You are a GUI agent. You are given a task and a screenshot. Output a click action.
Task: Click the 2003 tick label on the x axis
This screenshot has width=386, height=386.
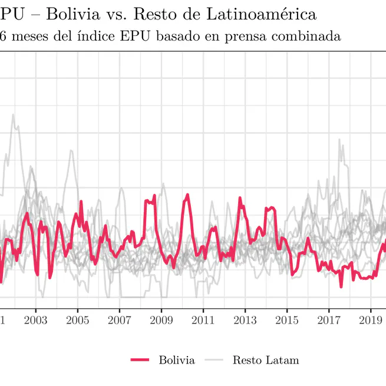[x=35, y=320]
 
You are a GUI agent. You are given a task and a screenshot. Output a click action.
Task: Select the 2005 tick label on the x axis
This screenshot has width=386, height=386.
[x=77, y=320]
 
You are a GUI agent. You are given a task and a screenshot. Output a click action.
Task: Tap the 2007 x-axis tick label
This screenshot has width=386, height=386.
[x=119, y=320]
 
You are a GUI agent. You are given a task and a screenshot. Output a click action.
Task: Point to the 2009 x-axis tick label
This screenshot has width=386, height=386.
[x=161, y=320]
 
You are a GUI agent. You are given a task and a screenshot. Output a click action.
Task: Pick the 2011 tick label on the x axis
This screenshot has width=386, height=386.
[x=203, y=320]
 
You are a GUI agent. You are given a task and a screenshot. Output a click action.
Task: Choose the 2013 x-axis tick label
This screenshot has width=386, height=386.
[x=245, y=320]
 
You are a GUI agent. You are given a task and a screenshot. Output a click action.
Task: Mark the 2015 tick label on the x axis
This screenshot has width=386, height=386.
[x=286, y=320]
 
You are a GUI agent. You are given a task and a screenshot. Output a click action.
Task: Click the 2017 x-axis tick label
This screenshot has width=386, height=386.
[x=328, y=320]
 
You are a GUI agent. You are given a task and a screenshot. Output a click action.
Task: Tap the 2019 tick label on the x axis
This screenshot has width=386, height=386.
[x=370, y=320]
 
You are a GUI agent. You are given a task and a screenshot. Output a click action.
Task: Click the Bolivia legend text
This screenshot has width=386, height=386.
[x=176, y=360]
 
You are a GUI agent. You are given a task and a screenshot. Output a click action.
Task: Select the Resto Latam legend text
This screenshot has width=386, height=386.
[x=265, y=360]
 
